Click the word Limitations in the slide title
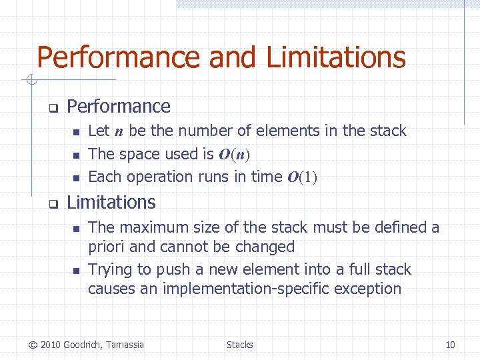click(336, 57)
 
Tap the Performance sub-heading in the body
click(119, 107)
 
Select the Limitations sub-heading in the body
click(111, 203)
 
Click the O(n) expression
click(233, 155)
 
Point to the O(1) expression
click(302, 177)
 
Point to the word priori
click(107, 247)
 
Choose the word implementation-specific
click(273, 289)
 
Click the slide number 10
click(450, 345)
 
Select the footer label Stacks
click(239, 345)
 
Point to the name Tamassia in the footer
click(123, 345)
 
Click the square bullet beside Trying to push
click(76, 271)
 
